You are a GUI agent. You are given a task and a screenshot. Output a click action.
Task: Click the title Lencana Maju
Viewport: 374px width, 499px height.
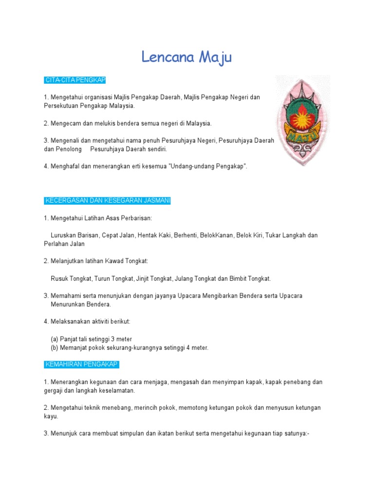click(x=187, y=58)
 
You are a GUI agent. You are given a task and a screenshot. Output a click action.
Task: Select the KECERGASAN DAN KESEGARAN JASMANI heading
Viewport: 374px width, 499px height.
click(x=107, y=201)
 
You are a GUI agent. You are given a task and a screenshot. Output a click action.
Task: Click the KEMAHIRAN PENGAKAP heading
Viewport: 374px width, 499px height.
click(x=81, y=365)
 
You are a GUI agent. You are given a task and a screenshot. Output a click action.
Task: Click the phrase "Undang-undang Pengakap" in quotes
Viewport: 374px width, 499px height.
click(x=208, y=167)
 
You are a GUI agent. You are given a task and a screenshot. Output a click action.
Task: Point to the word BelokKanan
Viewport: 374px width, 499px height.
click(x=216, y=235)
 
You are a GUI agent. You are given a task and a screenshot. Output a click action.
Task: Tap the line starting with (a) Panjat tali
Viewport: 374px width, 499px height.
click(x=91, y=339)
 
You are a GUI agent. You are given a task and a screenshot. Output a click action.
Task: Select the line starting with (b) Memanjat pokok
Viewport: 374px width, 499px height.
click(x=129, y=348)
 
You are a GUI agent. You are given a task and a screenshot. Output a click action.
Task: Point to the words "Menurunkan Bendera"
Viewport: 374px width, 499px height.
click(x=81, y=305)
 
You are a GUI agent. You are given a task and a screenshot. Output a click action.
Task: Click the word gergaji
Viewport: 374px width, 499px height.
click(x=55, y=391)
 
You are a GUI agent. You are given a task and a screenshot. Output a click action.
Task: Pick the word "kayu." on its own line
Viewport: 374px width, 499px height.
click(x=51, y=417)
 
